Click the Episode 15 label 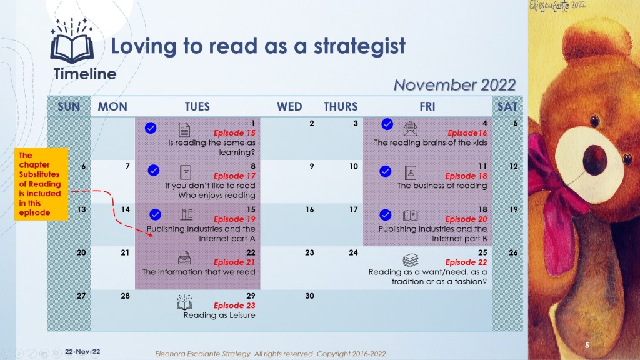coord(234,133)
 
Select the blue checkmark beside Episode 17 coord(154,170)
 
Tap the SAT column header coord(507,106)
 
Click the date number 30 coord(309,296)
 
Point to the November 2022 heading coord(455,85)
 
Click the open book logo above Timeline coord(72,41)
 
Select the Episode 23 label coord(234,306)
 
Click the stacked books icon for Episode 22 coord(411,259)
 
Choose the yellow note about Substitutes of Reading coord(41,184)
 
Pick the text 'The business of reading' coord(442,186)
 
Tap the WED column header coord(289,106)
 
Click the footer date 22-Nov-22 coord(82,351)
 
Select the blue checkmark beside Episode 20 coord(385,215)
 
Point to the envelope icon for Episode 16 coord(410,129)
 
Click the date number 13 coord(82,210)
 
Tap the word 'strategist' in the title coord(359,46)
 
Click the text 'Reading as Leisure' coord(219,316)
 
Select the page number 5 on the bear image coord(587,345)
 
